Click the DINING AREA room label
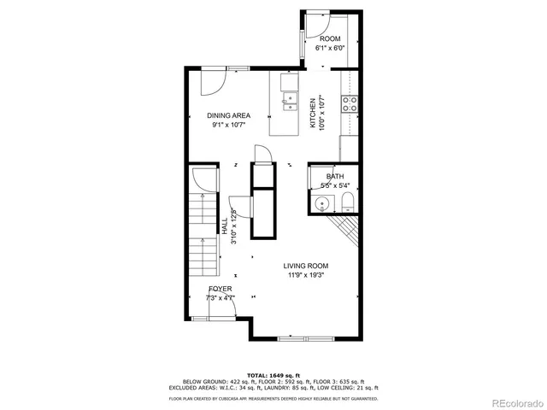click(228, 115)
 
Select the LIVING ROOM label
click(306, 266)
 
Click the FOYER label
click(220, 289)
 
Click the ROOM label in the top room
click(330, 39)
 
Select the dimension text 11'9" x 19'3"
click(306, 276)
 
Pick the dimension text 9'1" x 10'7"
click(228, 126)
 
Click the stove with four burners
click(349, 104)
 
